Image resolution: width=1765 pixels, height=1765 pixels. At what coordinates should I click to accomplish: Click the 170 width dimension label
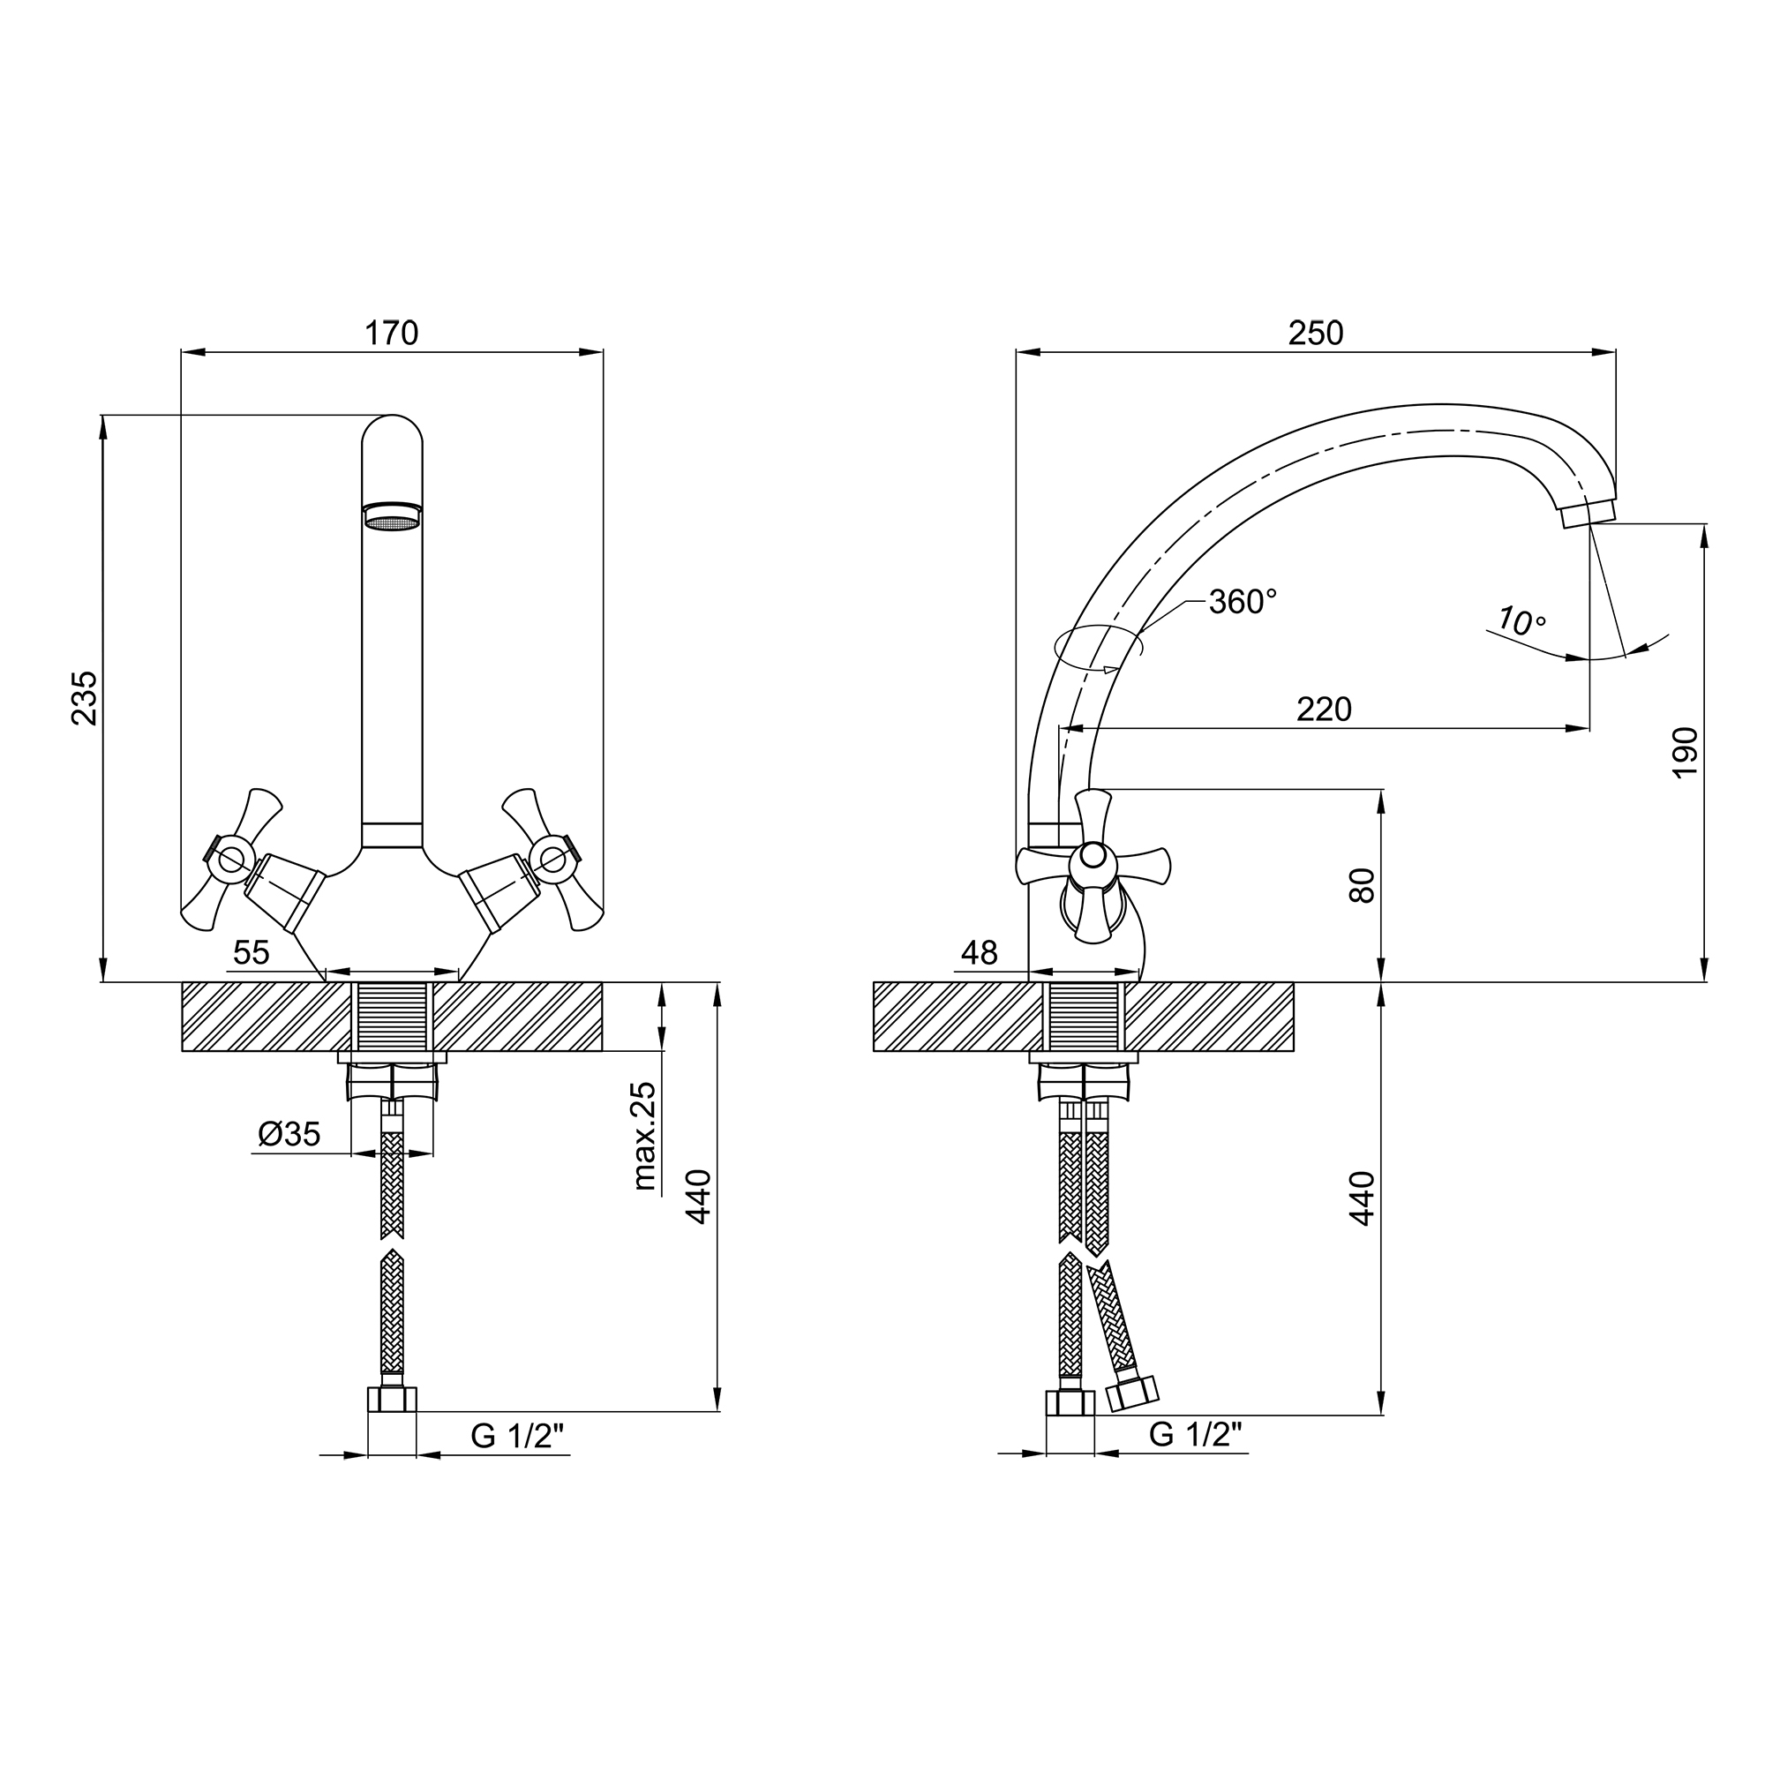tap(391, 334)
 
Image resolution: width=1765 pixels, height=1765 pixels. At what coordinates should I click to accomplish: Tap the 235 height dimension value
tap(84, 698)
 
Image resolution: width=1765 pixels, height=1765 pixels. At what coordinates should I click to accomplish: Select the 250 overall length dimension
tap(1316, 334)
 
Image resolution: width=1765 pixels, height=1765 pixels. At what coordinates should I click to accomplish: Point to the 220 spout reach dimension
tap(1324, 709)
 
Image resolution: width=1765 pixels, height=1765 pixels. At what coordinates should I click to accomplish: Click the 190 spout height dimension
tap(1686, 752)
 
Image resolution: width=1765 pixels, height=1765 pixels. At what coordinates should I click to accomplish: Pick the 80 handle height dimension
tap(1361, 885)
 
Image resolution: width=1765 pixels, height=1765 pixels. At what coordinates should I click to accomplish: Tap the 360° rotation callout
tap(1243, 601)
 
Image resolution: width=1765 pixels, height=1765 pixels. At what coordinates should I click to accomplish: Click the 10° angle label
tap(1522, 621)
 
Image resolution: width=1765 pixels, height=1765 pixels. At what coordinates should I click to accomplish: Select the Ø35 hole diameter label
tap(289, 1134)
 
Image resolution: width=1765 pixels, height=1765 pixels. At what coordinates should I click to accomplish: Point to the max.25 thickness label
tap(644, 1136)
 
